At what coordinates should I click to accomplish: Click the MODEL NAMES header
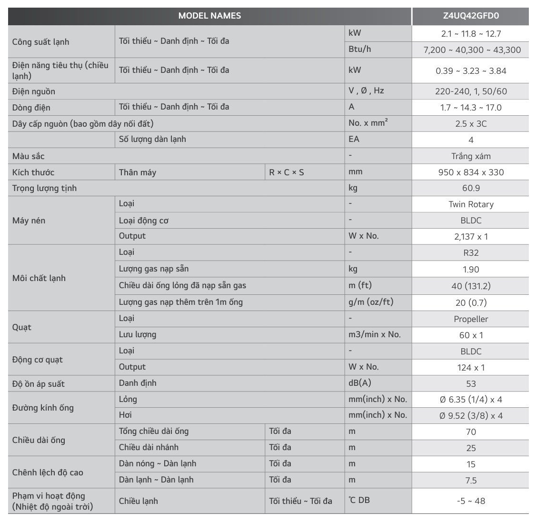[x=209, y=16]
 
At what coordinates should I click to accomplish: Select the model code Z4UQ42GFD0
[x=470, y=16]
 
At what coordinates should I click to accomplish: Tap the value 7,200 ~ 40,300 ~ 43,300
[x=470, y=50]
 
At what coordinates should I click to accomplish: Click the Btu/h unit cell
[x=360, y=49]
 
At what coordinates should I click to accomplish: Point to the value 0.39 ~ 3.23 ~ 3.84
[x=470, y=71]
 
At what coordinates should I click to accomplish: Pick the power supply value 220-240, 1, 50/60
[x=470, y=91]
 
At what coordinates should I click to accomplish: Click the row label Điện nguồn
[x=34, y=91]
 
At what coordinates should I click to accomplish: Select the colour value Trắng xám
[x=470, y=156]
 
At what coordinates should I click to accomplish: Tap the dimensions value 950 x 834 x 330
[x=470, y=172]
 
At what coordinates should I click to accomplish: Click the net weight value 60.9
[x=470, y=188]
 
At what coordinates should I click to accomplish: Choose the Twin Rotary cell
[x=470, y=204]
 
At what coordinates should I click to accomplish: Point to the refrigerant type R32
[x=470, y=253]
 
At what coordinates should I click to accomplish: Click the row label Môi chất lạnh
[x=39, y=278]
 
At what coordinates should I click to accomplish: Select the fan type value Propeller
[x=470, y=319]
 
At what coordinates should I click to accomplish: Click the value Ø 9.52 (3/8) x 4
[x=470, y=416]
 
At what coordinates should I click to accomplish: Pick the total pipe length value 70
[x=470, y=432]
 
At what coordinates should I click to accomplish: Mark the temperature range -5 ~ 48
[x=470, y=501]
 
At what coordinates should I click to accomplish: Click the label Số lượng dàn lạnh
[x=152, y=140]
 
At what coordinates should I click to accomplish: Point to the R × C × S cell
[x=287, y=172]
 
